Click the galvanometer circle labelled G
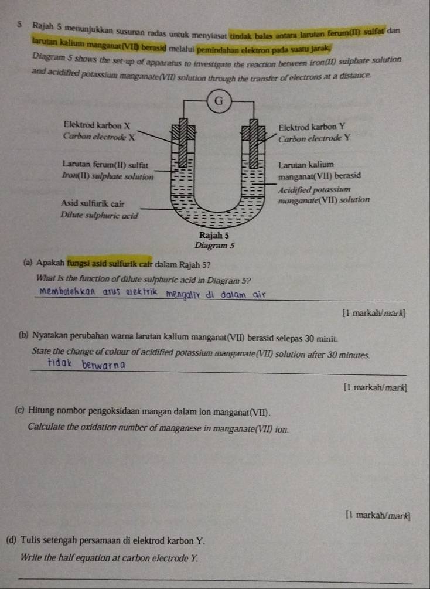[219, 101]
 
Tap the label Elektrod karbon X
[97, 125]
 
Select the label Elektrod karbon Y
[311, 127]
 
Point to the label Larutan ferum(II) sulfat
[105, 165]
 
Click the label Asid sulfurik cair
[93, 204]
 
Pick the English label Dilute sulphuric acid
[99, 216]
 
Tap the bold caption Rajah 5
[214, 236]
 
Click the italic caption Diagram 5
[214, 246]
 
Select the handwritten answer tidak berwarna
[87, 364]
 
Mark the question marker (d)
[11, 540]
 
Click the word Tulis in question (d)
[29, 540]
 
